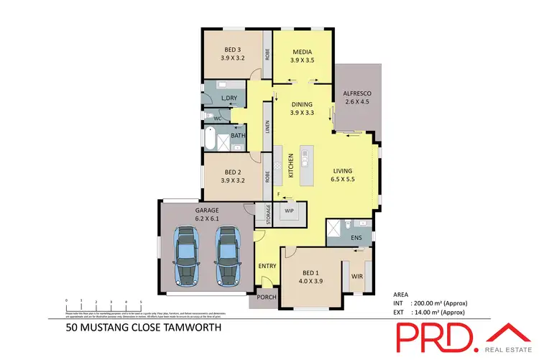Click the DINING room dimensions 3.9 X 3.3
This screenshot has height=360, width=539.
point(302,113)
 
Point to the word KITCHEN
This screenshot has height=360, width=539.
point(291,166)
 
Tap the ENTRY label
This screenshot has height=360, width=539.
point(267,266)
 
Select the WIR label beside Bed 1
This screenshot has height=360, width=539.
point(357,275)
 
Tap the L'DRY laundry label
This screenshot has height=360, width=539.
point(230,98)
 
